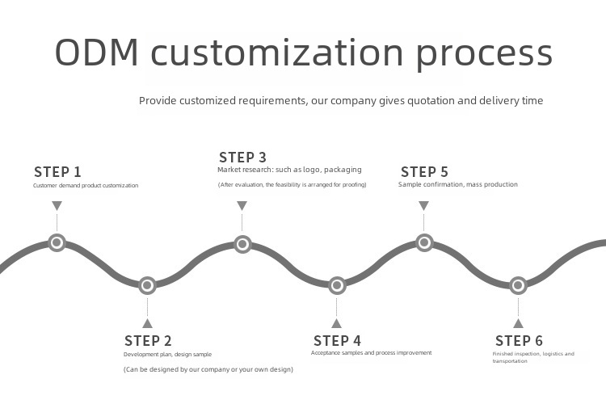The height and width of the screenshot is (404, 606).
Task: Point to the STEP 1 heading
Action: coord(57,172)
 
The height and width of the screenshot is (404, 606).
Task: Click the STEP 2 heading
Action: coord(148,341)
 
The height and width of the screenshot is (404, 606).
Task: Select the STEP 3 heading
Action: coord(242,158)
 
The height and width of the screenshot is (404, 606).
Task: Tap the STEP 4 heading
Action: coord(337,341)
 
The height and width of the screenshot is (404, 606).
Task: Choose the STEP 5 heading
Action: coord(424,172)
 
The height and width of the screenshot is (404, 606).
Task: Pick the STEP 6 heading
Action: coord(519,341)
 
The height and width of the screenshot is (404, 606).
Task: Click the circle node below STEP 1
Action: coord(57,242)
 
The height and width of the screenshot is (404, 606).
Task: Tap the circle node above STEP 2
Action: coord(147,285)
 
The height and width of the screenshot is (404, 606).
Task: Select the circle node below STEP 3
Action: coord(242,243)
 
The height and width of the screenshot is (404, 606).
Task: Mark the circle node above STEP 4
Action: coord(337,285)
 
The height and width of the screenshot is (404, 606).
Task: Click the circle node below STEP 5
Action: coord(424,242)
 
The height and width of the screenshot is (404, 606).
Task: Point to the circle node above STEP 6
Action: coord(518,285)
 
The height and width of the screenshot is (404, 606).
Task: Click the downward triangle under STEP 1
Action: coord(57,206)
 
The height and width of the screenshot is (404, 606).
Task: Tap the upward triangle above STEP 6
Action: coord(518,322)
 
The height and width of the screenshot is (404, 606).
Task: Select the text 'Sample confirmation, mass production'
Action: coord(458,185)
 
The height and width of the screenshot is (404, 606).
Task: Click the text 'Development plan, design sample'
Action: coord(167,355)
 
